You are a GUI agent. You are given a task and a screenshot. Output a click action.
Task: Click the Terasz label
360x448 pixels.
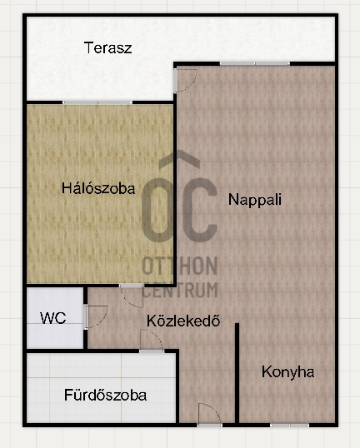108,47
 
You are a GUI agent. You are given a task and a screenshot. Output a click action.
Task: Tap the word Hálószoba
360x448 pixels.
98,188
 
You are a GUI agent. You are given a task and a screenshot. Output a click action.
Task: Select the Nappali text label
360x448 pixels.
255,200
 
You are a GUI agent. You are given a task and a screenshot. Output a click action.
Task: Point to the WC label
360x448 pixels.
53,318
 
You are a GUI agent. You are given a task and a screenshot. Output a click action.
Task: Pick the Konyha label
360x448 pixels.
287,372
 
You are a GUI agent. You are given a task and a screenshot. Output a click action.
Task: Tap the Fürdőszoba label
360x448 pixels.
105,395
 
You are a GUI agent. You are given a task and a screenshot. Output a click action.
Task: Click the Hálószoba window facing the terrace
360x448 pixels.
97,102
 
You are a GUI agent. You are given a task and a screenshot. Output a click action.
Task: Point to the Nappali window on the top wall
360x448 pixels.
254,63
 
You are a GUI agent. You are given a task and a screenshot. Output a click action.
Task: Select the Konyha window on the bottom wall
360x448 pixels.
289,425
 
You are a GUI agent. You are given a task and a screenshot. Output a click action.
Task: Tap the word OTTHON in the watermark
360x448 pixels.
180,267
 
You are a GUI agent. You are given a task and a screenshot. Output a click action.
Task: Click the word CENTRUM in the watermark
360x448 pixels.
180,290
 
